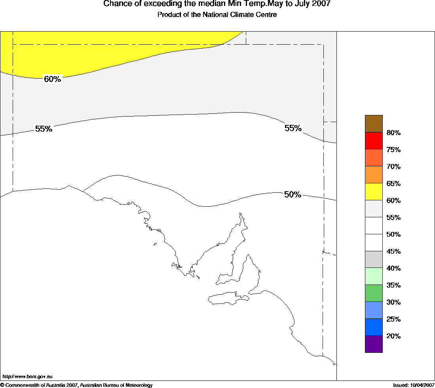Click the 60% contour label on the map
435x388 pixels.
(x=52, y=79)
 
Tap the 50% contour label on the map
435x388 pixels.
(x=293, y=194)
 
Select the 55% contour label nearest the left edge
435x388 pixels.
(x=44, y=129)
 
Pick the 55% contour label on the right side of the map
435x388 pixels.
(x=293, y=128)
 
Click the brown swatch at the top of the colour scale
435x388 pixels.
(x=374, y=124)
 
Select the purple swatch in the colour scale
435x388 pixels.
(x=374, y=344)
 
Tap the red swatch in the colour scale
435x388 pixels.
(x=374, y=141)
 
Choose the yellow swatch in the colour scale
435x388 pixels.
(x=374, y=192)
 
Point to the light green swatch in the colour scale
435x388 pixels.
(x=374, y=276)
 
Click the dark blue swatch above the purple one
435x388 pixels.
(x=374, y=327)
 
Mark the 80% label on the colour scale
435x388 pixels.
(x=393, y=133)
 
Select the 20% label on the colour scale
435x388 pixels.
(x=393, y=336)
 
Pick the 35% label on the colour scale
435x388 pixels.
(x=393, y=285)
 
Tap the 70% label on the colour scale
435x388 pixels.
(x=393, y=167)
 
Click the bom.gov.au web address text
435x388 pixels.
(x=27, y=377)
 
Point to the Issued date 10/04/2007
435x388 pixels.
(x=414, y=385)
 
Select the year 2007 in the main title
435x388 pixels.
(x=321, y=4)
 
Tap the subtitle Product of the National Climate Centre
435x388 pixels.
(x=217, y=15)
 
